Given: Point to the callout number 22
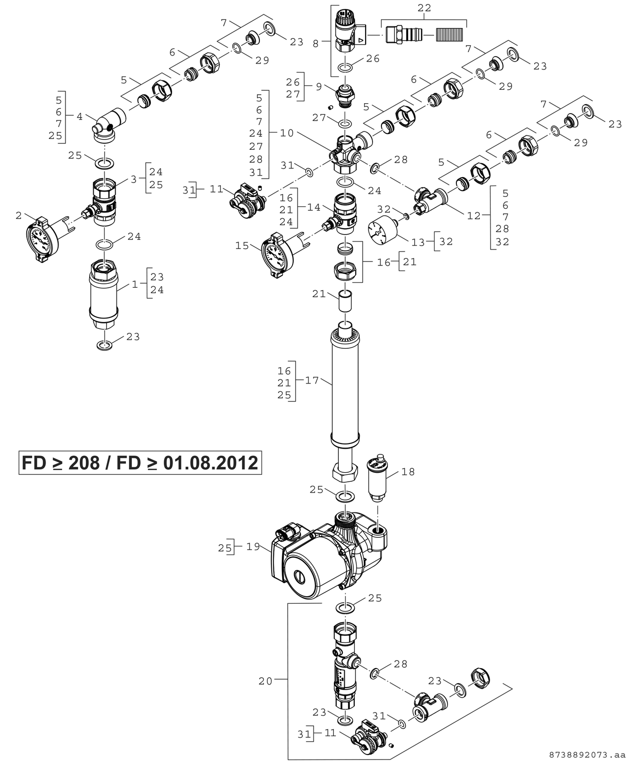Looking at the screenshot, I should [424, 8].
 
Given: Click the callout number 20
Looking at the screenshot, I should [265, 681].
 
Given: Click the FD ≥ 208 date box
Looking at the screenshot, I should [140, 463].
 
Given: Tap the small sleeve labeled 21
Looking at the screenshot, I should [346, 302].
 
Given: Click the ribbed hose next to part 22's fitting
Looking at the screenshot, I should [450, 34].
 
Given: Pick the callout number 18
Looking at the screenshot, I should [408, 472].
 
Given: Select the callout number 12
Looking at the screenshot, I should [474, 216].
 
